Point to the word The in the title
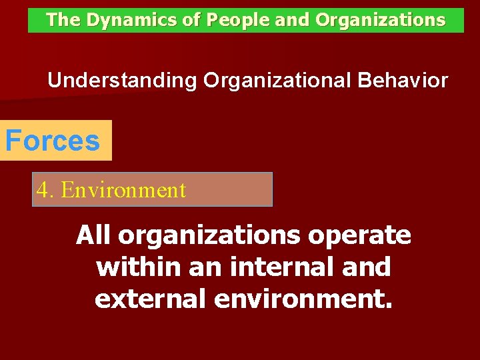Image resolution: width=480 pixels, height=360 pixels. [x=63, y=20]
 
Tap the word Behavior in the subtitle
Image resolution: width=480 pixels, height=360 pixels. [x=403, y=81]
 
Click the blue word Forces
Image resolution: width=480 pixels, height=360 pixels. [x=53, y=141]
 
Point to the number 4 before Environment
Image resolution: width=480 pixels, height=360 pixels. [x=43, y=190]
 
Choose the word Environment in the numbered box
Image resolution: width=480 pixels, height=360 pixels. [x=123, y=190]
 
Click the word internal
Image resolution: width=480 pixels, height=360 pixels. [x=278, y=267]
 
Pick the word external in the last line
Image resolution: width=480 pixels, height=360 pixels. [x=151, y=299]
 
